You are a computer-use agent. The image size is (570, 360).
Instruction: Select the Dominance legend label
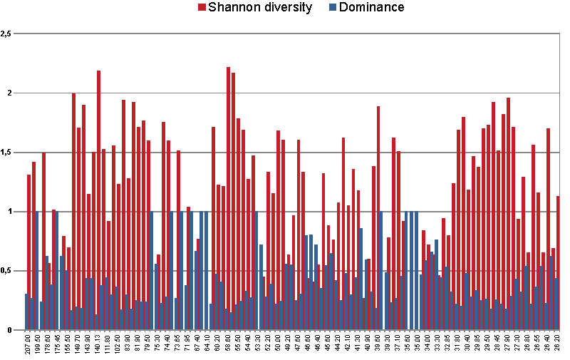pyautogui.click(x=371, y=8)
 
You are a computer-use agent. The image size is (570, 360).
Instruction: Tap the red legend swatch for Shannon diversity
pyautogui.click(x=202, y=8)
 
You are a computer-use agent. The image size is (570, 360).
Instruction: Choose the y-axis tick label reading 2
pyautogui.click(x=9, y=93)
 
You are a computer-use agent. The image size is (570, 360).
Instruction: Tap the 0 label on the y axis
pyautogui.click(x=9, y=330)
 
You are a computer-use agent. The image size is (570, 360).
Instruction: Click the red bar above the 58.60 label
pyautogui.click(x=228, y=200)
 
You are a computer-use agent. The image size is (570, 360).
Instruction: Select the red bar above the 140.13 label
pyautogui.click(x=99, y=200)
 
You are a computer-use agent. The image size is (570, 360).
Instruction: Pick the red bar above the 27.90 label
pyautogui.click(x=508, y=214)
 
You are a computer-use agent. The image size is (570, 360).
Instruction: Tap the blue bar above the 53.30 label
pyautogui.click(x=256, y=271)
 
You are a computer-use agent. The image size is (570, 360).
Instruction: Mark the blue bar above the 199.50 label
pyautogui.click(x=36, y=271)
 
